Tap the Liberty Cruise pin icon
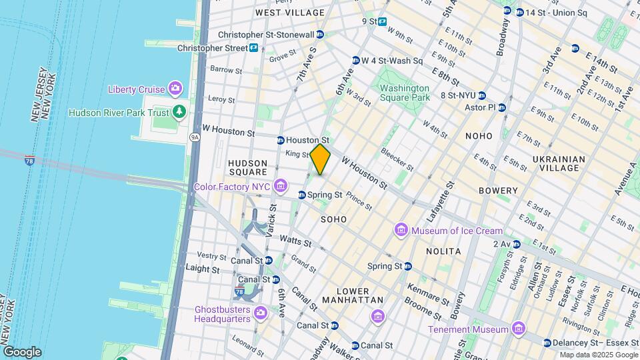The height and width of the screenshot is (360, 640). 175,88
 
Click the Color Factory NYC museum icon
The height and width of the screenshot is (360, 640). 281,185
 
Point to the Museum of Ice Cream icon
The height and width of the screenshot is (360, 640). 401,230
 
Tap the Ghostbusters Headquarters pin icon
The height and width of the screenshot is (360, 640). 260,312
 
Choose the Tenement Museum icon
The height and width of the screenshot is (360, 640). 517,329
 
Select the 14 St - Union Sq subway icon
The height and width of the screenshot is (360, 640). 507,11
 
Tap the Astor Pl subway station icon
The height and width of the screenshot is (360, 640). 502,107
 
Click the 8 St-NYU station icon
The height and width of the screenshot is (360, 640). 481,95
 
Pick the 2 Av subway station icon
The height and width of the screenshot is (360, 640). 515,244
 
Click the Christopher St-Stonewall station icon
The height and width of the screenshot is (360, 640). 320,35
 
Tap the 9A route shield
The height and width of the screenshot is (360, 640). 195,137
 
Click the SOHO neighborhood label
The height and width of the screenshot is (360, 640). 334,219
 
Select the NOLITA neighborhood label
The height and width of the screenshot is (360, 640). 443,251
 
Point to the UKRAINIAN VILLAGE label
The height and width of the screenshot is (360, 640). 559,163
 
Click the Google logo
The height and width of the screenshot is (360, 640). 21,351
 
